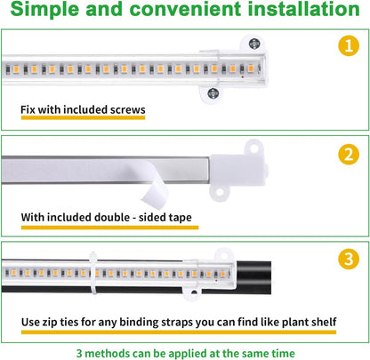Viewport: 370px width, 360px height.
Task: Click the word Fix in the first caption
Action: [x=30, y=111]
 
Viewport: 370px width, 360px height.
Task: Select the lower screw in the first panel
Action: [x=213, y=92]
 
